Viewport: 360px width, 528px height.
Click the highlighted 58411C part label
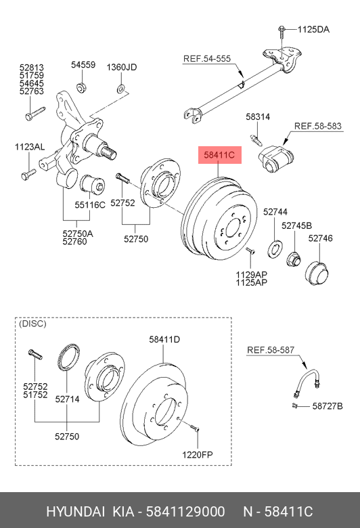(x=219, y=155)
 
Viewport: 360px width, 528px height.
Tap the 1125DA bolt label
(x=313, y=30)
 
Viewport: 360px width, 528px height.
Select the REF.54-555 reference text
(x=207, y=59)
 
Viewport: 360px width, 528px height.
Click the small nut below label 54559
(x=81, y=88)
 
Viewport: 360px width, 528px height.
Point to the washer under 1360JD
(x=121, y=89)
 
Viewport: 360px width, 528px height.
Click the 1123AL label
(x=30, y=147)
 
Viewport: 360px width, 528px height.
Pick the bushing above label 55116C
(x=91, y=185)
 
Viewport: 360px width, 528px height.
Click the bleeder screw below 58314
(x=256, y=139)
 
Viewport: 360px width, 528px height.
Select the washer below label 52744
(x=275, y=249)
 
